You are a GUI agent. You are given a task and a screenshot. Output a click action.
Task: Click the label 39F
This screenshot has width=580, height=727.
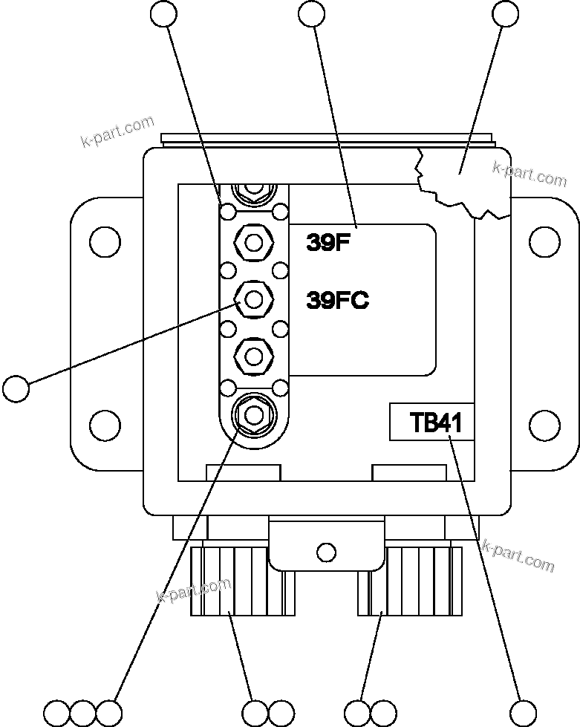[x=328, y=243]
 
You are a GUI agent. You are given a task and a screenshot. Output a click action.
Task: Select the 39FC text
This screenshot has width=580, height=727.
[x=337, y=301]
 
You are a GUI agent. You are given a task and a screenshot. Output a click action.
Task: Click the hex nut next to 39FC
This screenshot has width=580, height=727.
[x=253, y=300]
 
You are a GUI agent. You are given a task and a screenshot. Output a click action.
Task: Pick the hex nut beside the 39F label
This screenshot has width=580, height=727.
[x=253, y=242]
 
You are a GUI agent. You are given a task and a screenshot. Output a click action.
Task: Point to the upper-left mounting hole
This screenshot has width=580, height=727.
[x=105, y=241]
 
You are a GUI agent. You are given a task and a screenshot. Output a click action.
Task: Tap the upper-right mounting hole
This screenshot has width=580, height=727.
[x=545, y=241]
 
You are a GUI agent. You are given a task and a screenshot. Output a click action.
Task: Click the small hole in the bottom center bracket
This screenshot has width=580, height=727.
[x=325, y=552]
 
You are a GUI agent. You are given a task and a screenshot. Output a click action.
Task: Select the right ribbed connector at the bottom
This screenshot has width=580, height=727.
[x=408, y=581]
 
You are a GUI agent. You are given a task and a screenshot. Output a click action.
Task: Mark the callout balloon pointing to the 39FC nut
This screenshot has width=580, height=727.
[x=16, y=388]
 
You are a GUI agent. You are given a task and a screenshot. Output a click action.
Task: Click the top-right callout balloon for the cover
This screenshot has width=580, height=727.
[x=506, y=13]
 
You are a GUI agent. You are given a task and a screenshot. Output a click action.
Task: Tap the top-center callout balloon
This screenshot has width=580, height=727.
[x=310, y=13]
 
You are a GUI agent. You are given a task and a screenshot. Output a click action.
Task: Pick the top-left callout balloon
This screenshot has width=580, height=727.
[x=163, y=13]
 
